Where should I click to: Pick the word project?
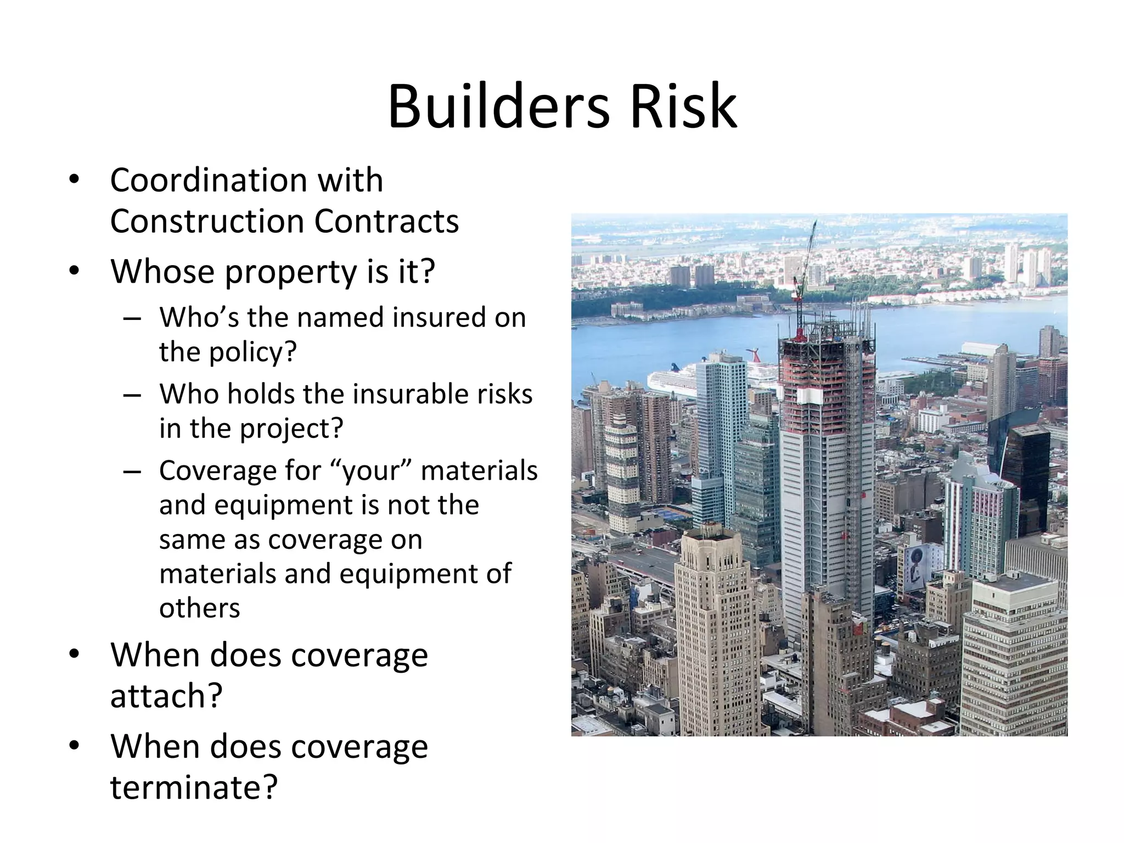pos(291,428)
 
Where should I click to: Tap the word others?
pos(200,608)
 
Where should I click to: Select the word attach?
pos(166,696)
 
